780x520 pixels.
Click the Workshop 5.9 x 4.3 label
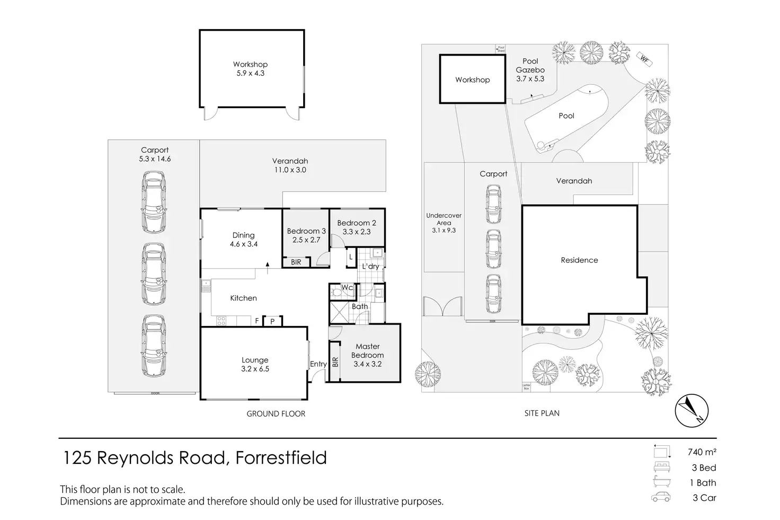coord(251,69)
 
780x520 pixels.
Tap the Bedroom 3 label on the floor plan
coord(306,235)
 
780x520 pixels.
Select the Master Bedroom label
coord(368,355)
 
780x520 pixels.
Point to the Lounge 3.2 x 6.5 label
coord(255,364)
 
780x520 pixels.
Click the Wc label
coord(347,288)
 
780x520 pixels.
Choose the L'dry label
coord(370,266)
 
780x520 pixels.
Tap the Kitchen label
coord(243,298)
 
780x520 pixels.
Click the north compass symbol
coord(691,410)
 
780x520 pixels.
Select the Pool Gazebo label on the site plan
coord(530,70)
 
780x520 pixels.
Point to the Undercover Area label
coord(444,223)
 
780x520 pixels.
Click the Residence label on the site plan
coord(579,260)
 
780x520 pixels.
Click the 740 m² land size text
coord(702,452)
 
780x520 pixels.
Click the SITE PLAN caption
coord(542,413)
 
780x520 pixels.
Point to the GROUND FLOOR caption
coord(276,414)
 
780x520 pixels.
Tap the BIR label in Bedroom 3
coord(296,262)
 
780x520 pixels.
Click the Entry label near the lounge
coord(318,364)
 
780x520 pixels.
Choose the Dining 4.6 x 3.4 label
coord(243,240)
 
